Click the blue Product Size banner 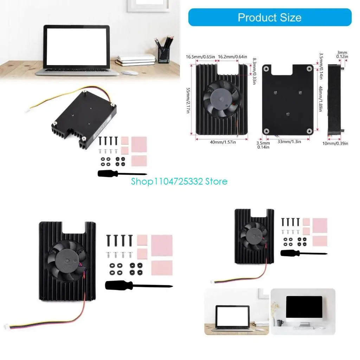(x=270, y=17)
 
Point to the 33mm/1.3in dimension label (x=289, y=142)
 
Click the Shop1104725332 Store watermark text (x=179, y=181)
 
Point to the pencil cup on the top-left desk (x=163, y=54)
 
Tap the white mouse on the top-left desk (x=130, y=73)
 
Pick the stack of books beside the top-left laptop (x=136, y=60)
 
